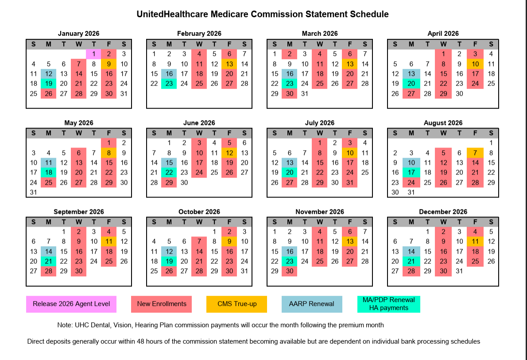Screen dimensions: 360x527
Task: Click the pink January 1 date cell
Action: [x=93, y=54]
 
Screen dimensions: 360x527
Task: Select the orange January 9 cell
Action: [x=108, y=64]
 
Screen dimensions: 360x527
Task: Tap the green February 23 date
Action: [x=169, y=83]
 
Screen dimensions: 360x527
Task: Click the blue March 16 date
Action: [x=289, y=74]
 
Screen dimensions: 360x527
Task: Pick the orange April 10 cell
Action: [x=475, y=64]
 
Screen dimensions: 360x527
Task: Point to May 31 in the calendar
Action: [x=34, y=192]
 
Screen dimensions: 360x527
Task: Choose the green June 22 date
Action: [x=169, y=172]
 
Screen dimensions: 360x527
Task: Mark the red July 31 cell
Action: [x=349, y=182]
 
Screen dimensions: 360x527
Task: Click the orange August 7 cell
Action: [x=475, y=153]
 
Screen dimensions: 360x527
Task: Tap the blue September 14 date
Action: [x=48, y=251]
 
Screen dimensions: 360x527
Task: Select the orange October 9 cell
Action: [x=229, y=241]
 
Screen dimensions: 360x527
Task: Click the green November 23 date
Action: [x=289, y=261]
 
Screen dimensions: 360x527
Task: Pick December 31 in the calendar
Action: [x=459, y=271]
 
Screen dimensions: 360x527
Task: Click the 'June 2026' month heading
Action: [x=199, y=123]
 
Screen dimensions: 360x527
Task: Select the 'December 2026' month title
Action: [x=443, y=212]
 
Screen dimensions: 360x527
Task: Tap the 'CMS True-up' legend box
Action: [x=236, y=304]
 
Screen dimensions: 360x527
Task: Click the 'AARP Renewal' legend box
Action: [x=312, y=304]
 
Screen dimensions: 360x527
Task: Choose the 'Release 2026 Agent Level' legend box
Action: [x=71, y=304]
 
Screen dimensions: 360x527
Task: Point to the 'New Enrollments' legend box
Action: [x=162, y=304]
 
